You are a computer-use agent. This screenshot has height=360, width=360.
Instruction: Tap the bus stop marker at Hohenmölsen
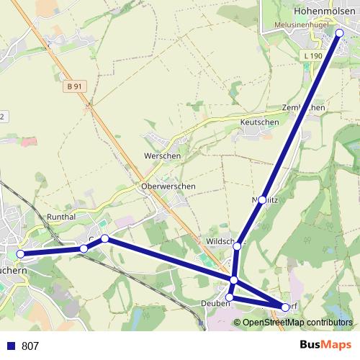[x=340, y=32]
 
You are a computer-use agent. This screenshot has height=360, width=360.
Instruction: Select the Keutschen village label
[x=259, y=122]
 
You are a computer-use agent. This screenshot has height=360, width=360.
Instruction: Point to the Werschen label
[x=163, y=156]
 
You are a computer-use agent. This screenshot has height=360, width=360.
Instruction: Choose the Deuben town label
[x=216, y=304]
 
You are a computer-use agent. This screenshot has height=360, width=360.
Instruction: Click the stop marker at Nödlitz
[x=263, y=199]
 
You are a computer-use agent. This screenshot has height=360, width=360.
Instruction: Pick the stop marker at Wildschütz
[x=238, y=246]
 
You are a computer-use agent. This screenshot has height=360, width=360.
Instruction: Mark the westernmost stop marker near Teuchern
[x=20, y=253]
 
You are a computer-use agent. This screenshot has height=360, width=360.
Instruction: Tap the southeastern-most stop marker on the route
[x=285, y=307]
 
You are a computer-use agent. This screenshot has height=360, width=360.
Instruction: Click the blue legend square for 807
[x=11, y=346]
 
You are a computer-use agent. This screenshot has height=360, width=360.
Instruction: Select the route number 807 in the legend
[x=30, y=346]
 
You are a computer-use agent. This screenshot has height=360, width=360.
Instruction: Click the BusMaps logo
[x=325, y=346]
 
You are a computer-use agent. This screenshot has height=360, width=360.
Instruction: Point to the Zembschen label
[x=304, y=107]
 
